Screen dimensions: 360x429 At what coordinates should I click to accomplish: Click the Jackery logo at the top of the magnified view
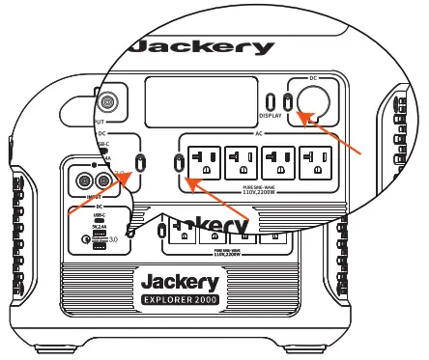[200, 47]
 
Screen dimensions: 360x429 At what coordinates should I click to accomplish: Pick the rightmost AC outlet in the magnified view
[318, 161]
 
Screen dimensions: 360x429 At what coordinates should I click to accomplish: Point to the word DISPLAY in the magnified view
[271, 115]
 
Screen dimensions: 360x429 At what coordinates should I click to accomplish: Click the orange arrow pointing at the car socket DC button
[333, 135]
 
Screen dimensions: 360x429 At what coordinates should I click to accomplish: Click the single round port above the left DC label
[107, 100]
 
